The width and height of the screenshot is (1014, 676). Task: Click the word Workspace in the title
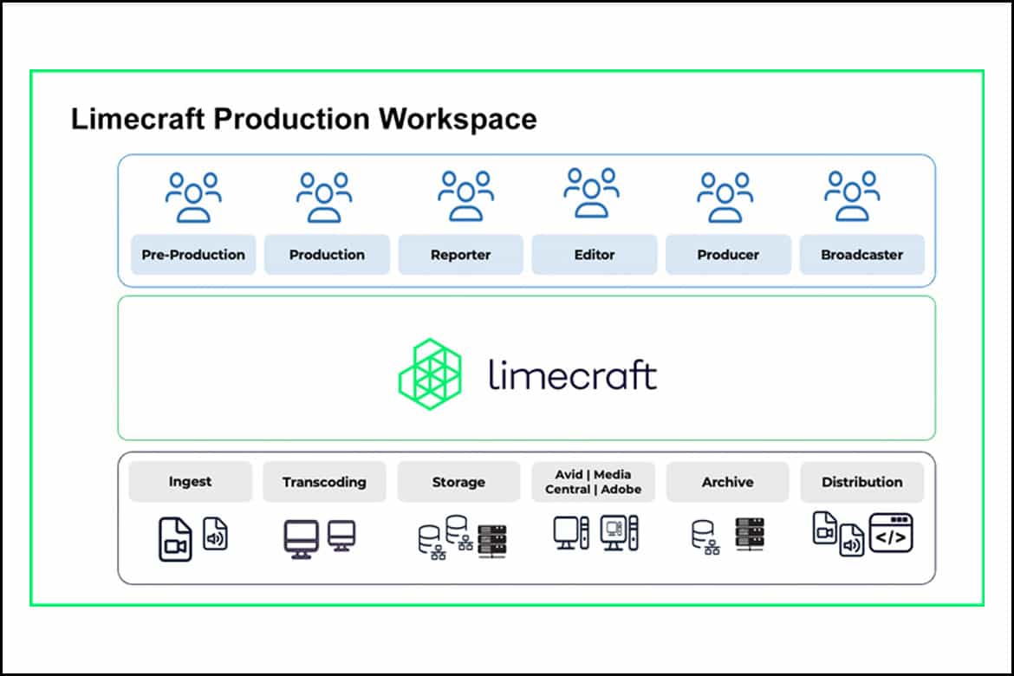pyautogui.click(x=458, y=120)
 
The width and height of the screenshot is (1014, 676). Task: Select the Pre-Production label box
pyautogui.click(x=193, y=254)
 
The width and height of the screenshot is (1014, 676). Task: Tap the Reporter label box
pyautogui.click(x=460, y=254)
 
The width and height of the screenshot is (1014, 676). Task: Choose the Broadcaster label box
pyautogui.click(x=862, y=254)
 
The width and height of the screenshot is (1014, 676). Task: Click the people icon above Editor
pyautogui.click(x=592, y=192)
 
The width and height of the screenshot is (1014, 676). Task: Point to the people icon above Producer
pyautogui.click(x=725, y=198)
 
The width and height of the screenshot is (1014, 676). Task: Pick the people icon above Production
pyautogui.click(x=324, y=198)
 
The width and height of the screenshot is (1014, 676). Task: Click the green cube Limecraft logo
pyautogui.click(x=430, y=374)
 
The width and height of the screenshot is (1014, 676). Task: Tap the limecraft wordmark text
pyautogui.click(x=572, y=375)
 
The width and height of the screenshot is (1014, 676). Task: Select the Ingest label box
pyautogui.click(x=190, y=481)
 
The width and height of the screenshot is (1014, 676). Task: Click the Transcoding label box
pyautogui.click(x=324, y=481)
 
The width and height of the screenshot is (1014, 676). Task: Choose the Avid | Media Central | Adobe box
pyautogui.click(x=593, y=481)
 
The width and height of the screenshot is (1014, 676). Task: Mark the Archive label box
pyautogui.click(x=727, y=481)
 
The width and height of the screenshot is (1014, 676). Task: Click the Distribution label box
pyautogui.click(x=862, y=481)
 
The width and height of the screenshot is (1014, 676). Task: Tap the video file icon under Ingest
pyautogui.click(x=175, y=540)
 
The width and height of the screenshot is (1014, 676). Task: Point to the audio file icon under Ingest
pyautogui.click(x=215, y=534)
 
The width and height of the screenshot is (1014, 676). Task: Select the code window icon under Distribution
pyautogui.click(x=891, y=533)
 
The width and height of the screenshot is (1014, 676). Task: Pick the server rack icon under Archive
pyautogui.click(x=750, y=535)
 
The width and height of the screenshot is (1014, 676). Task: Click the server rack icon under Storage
pyautogui.click(x=492, y=542)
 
